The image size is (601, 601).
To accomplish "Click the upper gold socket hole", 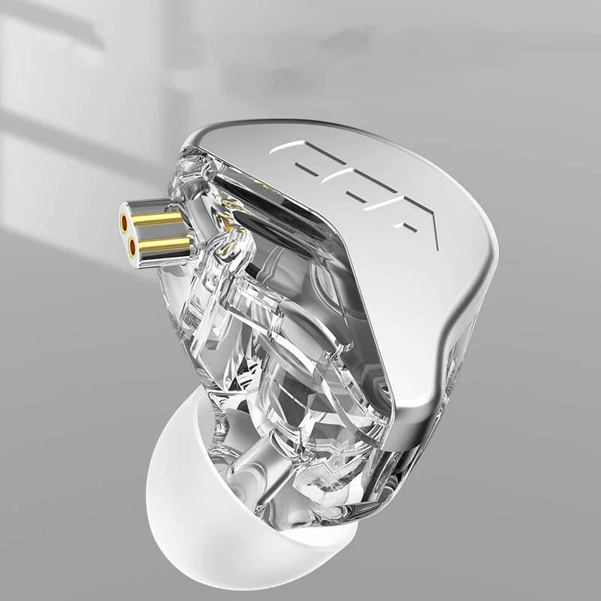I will click(124, 221).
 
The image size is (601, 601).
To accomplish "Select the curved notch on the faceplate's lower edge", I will click(451, 331).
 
